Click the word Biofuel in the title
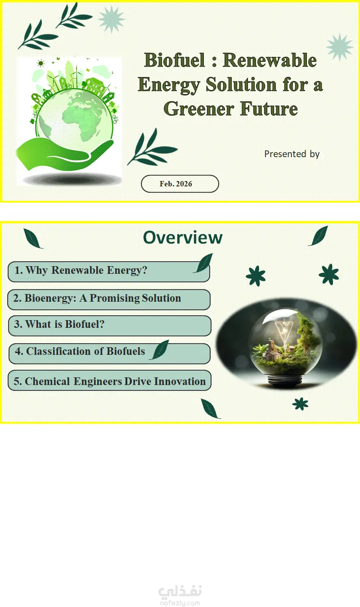(175, 60)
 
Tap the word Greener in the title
(199, 109)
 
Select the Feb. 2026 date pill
(180, 184)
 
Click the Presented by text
(292, 154)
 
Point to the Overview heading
(183, 238)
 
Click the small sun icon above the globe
(40, 63)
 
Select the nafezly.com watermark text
(180, 603)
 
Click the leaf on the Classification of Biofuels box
(159, 350)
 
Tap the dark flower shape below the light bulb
(300, 404)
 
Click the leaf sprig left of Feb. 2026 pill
(152, 148)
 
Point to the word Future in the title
(269, 109)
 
